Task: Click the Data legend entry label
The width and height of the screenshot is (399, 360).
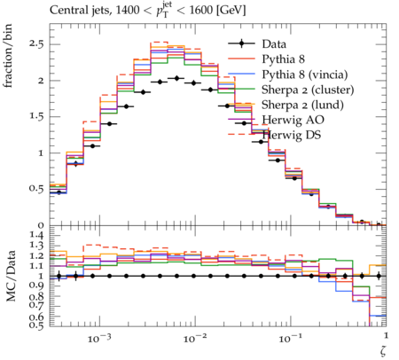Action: pos(274,44)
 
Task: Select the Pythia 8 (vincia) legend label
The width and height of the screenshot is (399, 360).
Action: pos(305,74)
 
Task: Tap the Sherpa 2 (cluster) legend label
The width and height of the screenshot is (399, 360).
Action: pos(308,90)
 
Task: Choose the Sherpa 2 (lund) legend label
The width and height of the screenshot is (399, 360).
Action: pos(302,105)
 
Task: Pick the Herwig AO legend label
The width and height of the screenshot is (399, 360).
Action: pos(293,120)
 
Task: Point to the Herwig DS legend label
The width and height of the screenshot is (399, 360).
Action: pos(292,135)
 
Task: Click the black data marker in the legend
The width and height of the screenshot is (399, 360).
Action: pos(241,43)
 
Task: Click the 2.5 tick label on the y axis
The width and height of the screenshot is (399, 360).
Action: pos(36,44)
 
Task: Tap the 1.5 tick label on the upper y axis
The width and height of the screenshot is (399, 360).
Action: pos(36,116)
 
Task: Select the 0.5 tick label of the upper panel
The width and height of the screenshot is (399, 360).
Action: pos(36,189)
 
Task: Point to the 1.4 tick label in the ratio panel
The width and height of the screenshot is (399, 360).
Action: pos(36,235)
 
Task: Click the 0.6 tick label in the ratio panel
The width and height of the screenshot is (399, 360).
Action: pos(36,317)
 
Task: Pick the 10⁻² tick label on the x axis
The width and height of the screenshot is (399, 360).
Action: pos(194,338)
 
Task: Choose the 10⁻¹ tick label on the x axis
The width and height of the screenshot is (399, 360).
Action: pos(290,338)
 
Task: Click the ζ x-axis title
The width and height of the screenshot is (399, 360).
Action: pos(383,351)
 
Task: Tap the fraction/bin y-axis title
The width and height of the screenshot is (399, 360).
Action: pos(8,56)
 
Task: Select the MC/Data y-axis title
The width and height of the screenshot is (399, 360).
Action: pos(11,276)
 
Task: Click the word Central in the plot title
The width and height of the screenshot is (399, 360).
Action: pos(66,11)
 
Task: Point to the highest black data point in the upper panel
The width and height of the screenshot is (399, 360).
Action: pos(176,78)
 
